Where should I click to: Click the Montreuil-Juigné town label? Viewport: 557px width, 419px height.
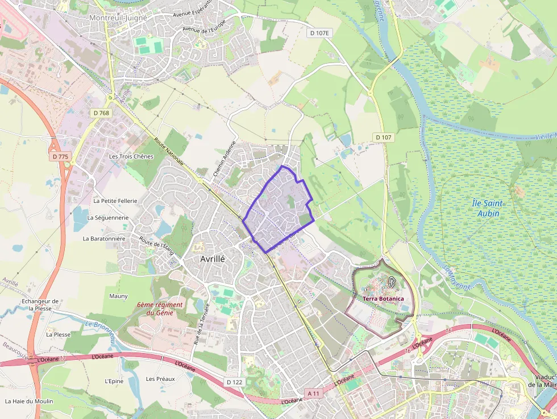pyautogui.click(x=118, y=18)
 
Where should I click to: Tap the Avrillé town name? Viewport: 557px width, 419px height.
pyautogui.click(x=213, y=258)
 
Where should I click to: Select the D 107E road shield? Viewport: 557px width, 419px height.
pyautogui.click(x=319, y=33)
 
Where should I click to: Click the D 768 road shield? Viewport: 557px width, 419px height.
pyautogui.click(x=101, y=113)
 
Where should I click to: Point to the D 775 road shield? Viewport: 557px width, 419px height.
pyautogui.click(x=60, y=156)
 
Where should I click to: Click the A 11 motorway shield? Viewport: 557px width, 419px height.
pyautogui.click(x=313, y=393)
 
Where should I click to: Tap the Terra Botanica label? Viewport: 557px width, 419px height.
pyautogui.click(x=384, y=298)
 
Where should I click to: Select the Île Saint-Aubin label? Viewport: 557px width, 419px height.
pyautogui.click(x=485, y=208)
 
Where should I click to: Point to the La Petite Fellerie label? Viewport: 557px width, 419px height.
pyautogui.click(x=115, y=201)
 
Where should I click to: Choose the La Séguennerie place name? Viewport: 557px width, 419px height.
pyautogui.click(x=108, y=218)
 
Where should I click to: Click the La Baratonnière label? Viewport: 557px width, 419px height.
pyautogui.click(x=104, y=239)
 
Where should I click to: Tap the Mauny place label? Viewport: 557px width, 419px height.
pyautogui.click(x=118, y=296)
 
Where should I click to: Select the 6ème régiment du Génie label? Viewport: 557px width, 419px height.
pyautogui.click(x=160, y=309)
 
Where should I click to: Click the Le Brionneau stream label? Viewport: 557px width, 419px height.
pyautogui.click(x=100, y=331)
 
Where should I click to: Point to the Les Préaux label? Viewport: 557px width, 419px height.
pyautogui.click(x=160, y=379)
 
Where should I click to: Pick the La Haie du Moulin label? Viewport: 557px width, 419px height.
pyautogui.click(x=29, y=401)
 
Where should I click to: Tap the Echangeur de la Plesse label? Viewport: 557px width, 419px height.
pyautogui.click(x=40, y=305)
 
